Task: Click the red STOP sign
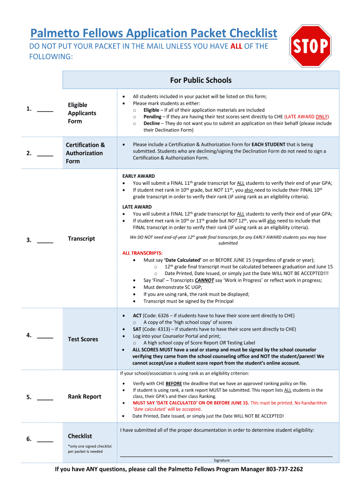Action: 310,46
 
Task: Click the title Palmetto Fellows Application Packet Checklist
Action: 153,33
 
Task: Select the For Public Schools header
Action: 201,80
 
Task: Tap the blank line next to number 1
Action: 45,110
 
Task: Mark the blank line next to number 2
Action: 45,154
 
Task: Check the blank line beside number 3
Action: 45,241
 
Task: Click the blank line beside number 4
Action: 45,336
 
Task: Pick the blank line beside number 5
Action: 45,398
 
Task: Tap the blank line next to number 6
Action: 45,440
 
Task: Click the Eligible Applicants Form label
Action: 82,113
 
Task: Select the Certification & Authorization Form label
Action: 85,153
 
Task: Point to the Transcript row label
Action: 81,239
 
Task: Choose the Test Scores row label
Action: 83,339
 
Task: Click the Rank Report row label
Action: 84,397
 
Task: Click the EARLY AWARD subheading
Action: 136,176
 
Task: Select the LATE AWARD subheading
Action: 134,207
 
